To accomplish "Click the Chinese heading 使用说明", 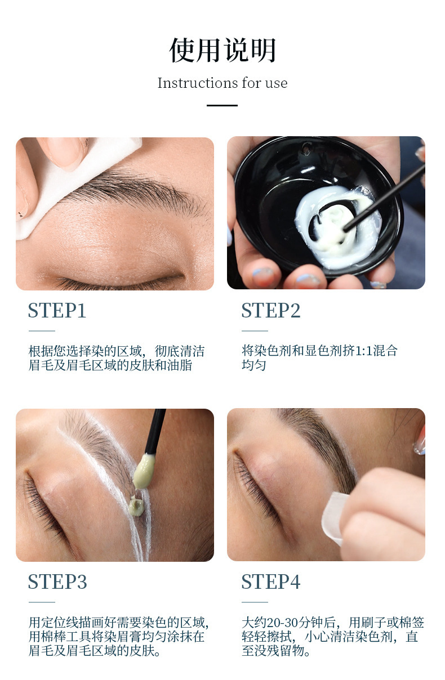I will coord(222,51).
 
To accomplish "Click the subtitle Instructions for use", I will coord(222,83).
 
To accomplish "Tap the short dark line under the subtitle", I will coord(222,105).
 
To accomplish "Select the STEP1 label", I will coord(57,311).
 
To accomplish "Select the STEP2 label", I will coord(271,311).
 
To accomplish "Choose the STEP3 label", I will coord(57,582).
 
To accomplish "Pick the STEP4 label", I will coord(271,582).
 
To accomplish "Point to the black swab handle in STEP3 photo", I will coord(155,431).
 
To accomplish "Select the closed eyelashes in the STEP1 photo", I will coord(113,281).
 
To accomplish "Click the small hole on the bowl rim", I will coord(306,149).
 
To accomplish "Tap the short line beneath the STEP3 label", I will coord(42,602).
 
